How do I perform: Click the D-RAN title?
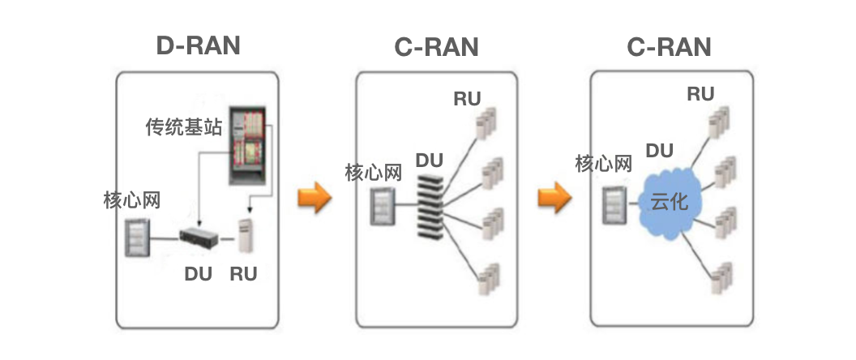pos(198,45)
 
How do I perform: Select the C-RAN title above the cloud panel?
pos(669,47)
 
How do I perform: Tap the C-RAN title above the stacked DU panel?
pos(436,47)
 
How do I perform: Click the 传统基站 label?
pos(183,127)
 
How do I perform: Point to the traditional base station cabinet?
pos(250,143)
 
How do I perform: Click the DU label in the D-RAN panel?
pos(198,274)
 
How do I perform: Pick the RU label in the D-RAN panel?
pos(243,274)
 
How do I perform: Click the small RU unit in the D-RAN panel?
pos(246,236)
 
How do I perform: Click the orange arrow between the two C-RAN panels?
pos(554,197)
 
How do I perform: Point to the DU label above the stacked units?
pos(430,159)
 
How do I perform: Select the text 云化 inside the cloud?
pos(670,201)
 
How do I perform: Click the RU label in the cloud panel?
pos(700,94)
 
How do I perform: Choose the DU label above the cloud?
pos(660,150)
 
